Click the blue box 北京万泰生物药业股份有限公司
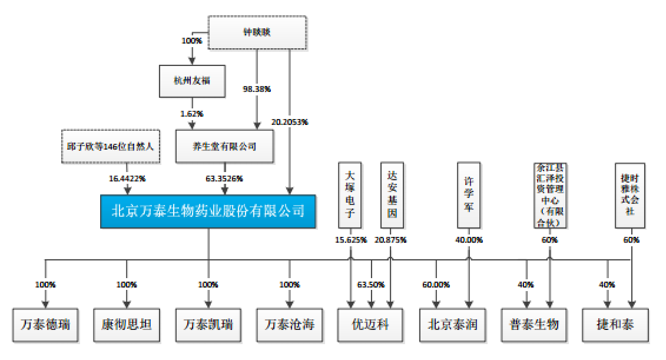(x=208, y=210)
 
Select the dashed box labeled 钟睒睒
(x=257, y=32)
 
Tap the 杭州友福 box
(x=192, y=81)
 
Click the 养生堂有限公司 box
(x=225, y=147)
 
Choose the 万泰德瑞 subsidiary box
(x=45, y=325)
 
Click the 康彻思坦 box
(x=127, y=325)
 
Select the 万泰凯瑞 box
(x=208, y=325)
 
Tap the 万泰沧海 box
(x=289, y=325)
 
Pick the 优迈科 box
(x=370, y=325)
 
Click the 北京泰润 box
(x=452, y=325)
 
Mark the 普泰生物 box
(x=534, y=325)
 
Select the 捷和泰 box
(x=615, y=325)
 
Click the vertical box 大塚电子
(x=350, y=195)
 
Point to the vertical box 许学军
(x=469, y=195)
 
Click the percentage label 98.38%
(x=257, y=90)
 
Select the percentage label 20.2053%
(x=290, y=122)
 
